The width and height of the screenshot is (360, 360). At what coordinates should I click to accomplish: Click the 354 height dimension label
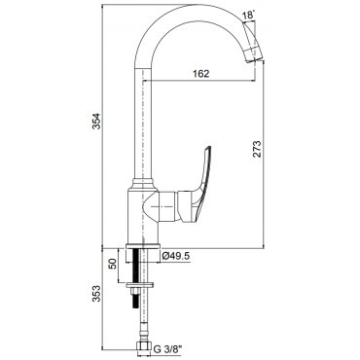(96, 122)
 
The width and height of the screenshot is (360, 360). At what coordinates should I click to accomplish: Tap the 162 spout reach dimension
(200, 74)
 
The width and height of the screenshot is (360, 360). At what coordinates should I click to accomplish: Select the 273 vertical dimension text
(257, 149)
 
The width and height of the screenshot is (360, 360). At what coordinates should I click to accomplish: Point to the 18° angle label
(249, 16)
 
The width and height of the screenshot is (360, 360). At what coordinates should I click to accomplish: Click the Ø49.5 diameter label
(175, 256)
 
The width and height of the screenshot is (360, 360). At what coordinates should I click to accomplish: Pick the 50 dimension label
(113, 265)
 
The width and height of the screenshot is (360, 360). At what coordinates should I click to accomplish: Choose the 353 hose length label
(96, 294)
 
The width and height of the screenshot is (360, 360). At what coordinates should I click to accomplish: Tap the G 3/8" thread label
(168, 349)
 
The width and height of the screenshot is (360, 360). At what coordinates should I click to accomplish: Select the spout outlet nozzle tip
(254, 54)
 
